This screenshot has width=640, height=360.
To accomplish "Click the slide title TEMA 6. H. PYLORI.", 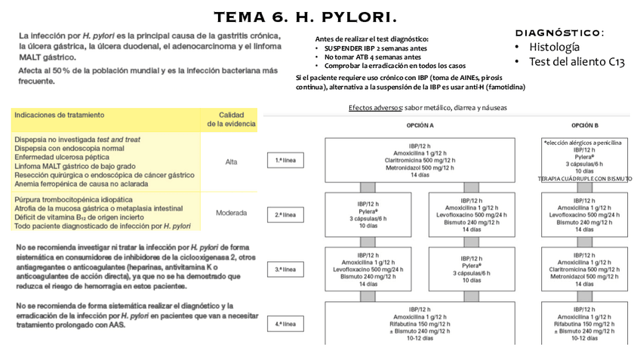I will (x=306, y=17).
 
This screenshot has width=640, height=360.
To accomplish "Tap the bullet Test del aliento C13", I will (x=577, y=62).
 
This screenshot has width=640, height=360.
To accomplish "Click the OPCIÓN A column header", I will (x=420, y=125).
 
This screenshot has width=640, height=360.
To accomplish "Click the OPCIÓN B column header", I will (x=584, y=125).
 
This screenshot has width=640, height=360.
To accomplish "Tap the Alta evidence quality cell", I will (x=231, y=162).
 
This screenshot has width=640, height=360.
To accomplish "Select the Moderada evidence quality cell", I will (x=231, y=213).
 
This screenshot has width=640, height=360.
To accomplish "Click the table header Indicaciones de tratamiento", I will (x=59, y=115).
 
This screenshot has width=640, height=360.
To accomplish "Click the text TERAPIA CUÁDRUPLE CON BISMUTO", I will (x=585, y=179).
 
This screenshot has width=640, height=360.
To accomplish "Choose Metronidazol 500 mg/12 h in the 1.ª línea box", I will (x=420, y=168).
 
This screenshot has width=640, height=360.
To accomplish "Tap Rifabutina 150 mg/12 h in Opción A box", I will (x=420, y=324).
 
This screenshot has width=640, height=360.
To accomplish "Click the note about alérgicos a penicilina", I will (x=583, y=142).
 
